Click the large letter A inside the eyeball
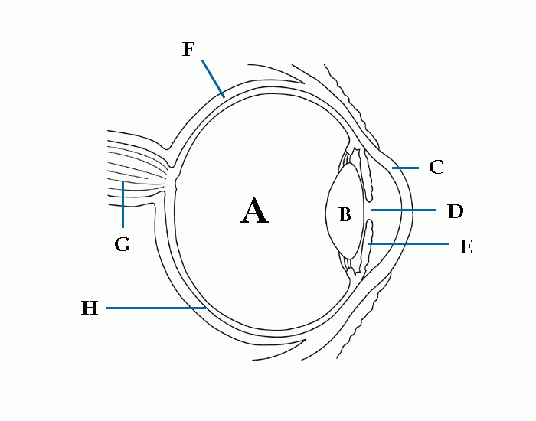[254, 211]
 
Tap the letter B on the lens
[345, 215]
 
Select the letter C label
[436, 167]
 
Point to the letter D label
[455, 210]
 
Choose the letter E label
[466, 246]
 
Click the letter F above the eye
[188, 50]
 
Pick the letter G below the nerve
[122, 244]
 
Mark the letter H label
[90, 308]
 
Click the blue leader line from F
[213, 79]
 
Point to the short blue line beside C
[405, 167]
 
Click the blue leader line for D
[404, 209]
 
